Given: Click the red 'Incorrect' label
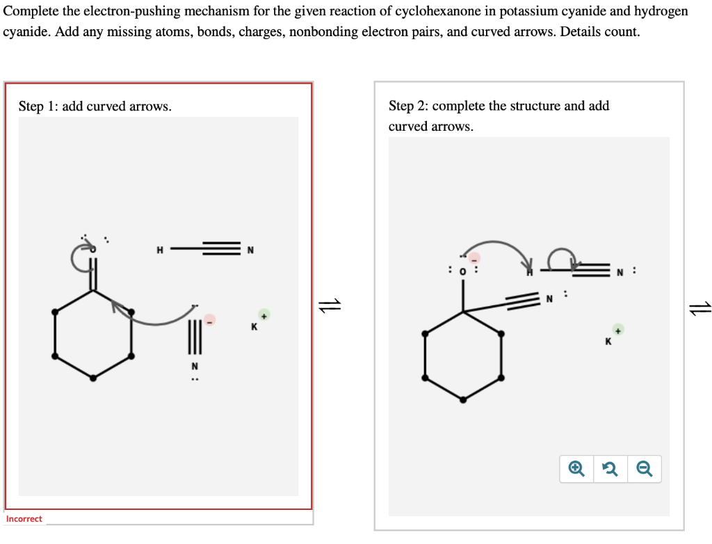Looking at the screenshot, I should [x=24, y=519].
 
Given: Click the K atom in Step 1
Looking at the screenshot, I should [x=254, y=326].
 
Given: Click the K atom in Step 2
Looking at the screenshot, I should [x=609, y=341].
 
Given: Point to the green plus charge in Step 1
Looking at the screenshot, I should [x=264, y=314].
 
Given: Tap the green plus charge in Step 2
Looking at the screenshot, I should [x=618, y=328].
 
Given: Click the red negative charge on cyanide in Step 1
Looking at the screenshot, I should [x=209, y=319].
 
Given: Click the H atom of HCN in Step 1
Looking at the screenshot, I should [x=159, y=250].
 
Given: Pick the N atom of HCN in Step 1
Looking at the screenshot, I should [x=250, y=250].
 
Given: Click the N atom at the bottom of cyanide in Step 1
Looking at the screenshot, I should [x=195, y=366].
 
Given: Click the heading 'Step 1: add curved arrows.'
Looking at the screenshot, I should [x=95, y=106].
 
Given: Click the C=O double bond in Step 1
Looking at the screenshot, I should [x=94, y=273].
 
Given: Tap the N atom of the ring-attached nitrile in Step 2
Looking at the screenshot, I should [x=549, y=300].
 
